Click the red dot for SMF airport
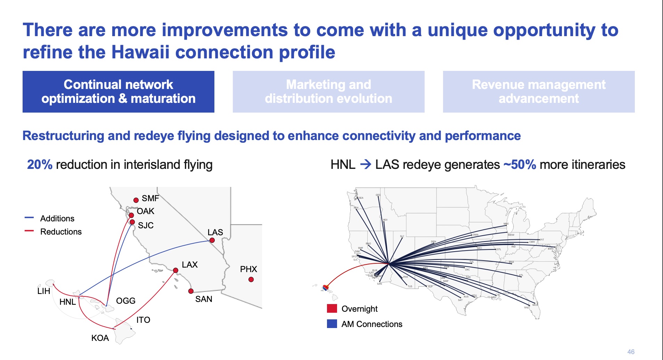pyautogui.click(x=136, y=200)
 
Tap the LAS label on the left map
pyautogui.click(x=215, y=232)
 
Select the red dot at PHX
pyautogui.click(x=251, y=279)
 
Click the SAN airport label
pyautogui.click(x=204, y=299)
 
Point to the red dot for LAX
pyautogui.click(x=175, y=270)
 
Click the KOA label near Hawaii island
pyautogui.click(x=100, y=338)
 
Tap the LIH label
pyautogui.click(x=44, y=291)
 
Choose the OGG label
pyautogui.click(x=125, y=301)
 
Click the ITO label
pyautogui.click(x=143, y=320)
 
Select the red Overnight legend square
pyautogui.click(x=332, y=309)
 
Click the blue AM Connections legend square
pyautogui.click(x=332, y=324)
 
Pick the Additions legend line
pyautogui.click(x=29, y=218)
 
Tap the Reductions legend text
pyautogui.click(x=61, y=232)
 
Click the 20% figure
pyautogui.click(x=40, y=165)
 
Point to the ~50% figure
pyautogui.click(x=520, y=165)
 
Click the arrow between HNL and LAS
pyautogui.click(x=366, y=164)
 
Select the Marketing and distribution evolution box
pyautogui.click(x=328, y=92)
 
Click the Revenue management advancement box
pyautogui.click(x=539, y=92)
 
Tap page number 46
pyautogui.click(x=631, y=352)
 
